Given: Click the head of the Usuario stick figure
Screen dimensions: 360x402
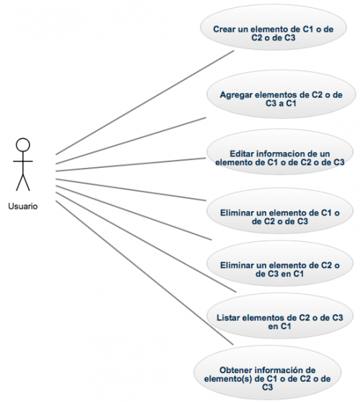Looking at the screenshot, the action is [x=23, y=145].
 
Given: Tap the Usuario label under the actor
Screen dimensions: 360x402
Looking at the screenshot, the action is [x=23, y=206].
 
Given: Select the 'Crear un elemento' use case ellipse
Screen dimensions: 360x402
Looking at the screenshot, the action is [x=273, y=27].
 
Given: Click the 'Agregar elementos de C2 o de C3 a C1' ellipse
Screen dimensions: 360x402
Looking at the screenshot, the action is [x=281, y=94].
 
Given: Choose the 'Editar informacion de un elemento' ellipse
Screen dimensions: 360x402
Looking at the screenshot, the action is [x=280, y=152].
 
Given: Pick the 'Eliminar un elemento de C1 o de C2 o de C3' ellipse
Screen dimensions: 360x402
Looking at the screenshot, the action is [x=280, y=211].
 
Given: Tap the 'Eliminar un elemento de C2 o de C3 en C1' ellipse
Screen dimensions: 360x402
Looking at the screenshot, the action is [x=280, y=263].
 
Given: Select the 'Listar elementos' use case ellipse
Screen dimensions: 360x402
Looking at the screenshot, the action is [x=280, y=316].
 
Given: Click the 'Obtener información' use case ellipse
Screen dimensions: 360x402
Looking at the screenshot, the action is [x=267, y=372].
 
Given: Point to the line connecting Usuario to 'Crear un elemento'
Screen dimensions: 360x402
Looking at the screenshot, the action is [x=145, y=102].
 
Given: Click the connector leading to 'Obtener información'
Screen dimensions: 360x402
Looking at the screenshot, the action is [x=145, y=273].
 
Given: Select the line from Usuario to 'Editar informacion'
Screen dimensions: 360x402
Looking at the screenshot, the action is [x=130, y=164].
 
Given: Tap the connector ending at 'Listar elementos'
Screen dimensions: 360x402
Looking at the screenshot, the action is [x=145, y=242].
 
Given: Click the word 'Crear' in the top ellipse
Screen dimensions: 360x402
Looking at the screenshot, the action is [x=224, y=30].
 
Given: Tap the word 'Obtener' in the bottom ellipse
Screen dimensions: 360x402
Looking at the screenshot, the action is [x=235, y=370].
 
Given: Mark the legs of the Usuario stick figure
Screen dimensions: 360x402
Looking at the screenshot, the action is [x=23, y=182].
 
